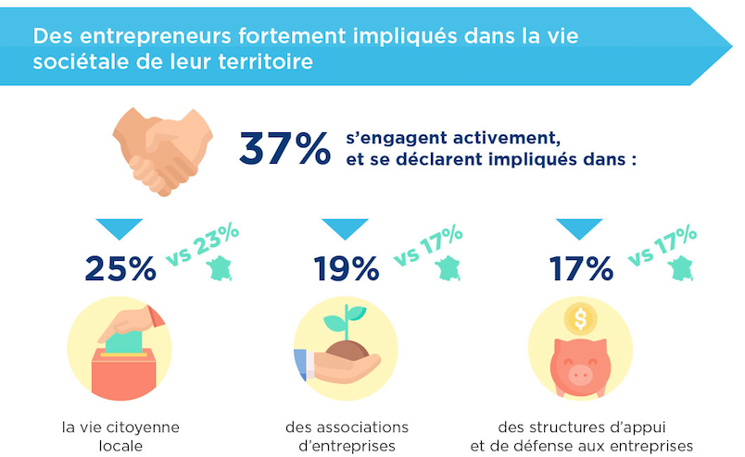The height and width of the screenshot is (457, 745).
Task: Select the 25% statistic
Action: (120, 267)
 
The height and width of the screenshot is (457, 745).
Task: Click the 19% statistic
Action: (346, 267)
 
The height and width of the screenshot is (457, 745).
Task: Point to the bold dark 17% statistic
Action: (580, 267)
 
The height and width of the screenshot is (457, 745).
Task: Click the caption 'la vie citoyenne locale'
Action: (120, 436)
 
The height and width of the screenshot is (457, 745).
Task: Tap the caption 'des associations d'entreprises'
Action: (347, 436)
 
